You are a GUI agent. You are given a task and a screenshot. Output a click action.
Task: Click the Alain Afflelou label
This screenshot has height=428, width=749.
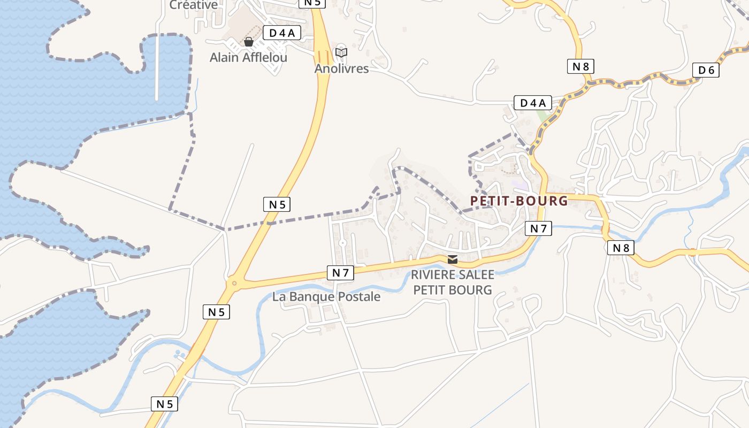click(248, 57)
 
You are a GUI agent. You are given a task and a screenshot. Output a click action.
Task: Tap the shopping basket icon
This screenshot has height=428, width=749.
click(248, 42)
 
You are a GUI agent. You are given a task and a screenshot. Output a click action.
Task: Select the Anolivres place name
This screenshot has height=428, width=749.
click(341, 68)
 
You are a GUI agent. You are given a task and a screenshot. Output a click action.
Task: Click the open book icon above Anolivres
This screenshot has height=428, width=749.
click(341, 52)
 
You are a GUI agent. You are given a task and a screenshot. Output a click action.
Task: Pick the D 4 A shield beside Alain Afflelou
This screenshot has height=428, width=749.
click(282, 33)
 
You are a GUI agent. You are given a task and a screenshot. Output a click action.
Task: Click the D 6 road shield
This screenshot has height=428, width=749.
click(706, 70)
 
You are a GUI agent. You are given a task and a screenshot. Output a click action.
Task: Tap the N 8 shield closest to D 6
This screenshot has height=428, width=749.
click(580, 66)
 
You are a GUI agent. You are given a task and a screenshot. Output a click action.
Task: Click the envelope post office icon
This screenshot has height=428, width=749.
click(453, 259)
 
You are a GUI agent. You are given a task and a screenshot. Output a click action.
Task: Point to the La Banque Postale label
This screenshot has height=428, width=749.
click(326, 296)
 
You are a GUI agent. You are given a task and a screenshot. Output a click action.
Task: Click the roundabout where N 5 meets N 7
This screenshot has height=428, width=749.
click(234, 283)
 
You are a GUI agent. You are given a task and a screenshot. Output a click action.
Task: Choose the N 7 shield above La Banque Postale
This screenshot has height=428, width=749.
click(340, 273)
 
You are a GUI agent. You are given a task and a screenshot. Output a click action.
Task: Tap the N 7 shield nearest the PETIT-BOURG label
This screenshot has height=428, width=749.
click(538, 228)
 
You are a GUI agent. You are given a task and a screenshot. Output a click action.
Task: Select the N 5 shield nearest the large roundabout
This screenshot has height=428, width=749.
click(216, 312)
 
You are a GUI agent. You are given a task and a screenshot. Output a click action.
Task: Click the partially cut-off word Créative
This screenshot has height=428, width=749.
click(194, 5)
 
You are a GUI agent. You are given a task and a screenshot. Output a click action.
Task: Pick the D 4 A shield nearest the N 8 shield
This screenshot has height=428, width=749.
click(532, 103)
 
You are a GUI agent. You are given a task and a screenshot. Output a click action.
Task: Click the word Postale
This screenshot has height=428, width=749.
click(361, 296)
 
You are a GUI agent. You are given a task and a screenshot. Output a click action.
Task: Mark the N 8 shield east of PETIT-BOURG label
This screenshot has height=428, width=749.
click(621, 248)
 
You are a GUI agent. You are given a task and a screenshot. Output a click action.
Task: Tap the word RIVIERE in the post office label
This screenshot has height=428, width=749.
click(431, 275)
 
